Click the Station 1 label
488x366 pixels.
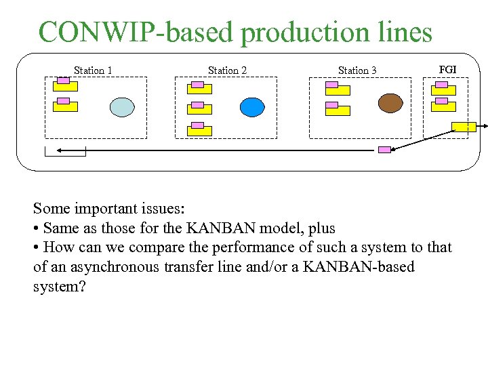(93, 70)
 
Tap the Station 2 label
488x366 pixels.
(227, 70)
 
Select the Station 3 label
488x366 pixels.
(357, 70)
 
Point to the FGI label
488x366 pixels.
(447, 70)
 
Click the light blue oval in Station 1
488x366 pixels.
(123, 107)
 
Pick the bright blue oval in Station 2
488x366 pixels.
(252, 107)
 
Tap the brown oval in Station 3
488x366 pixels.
(390, 103)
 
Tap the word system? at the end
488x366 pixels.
(60, 286)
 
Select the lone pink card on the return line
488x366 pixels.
(384, 149)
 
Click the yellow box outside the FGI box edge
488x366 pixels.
(464, 126)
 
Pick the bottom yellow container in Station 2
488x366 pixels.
(199, 130)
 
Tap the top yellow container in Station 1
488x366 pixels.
(65, 86)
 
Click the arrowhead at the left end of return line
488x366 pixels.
(60, 150)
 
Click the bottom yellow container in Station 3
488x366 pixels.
(337, 110)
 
